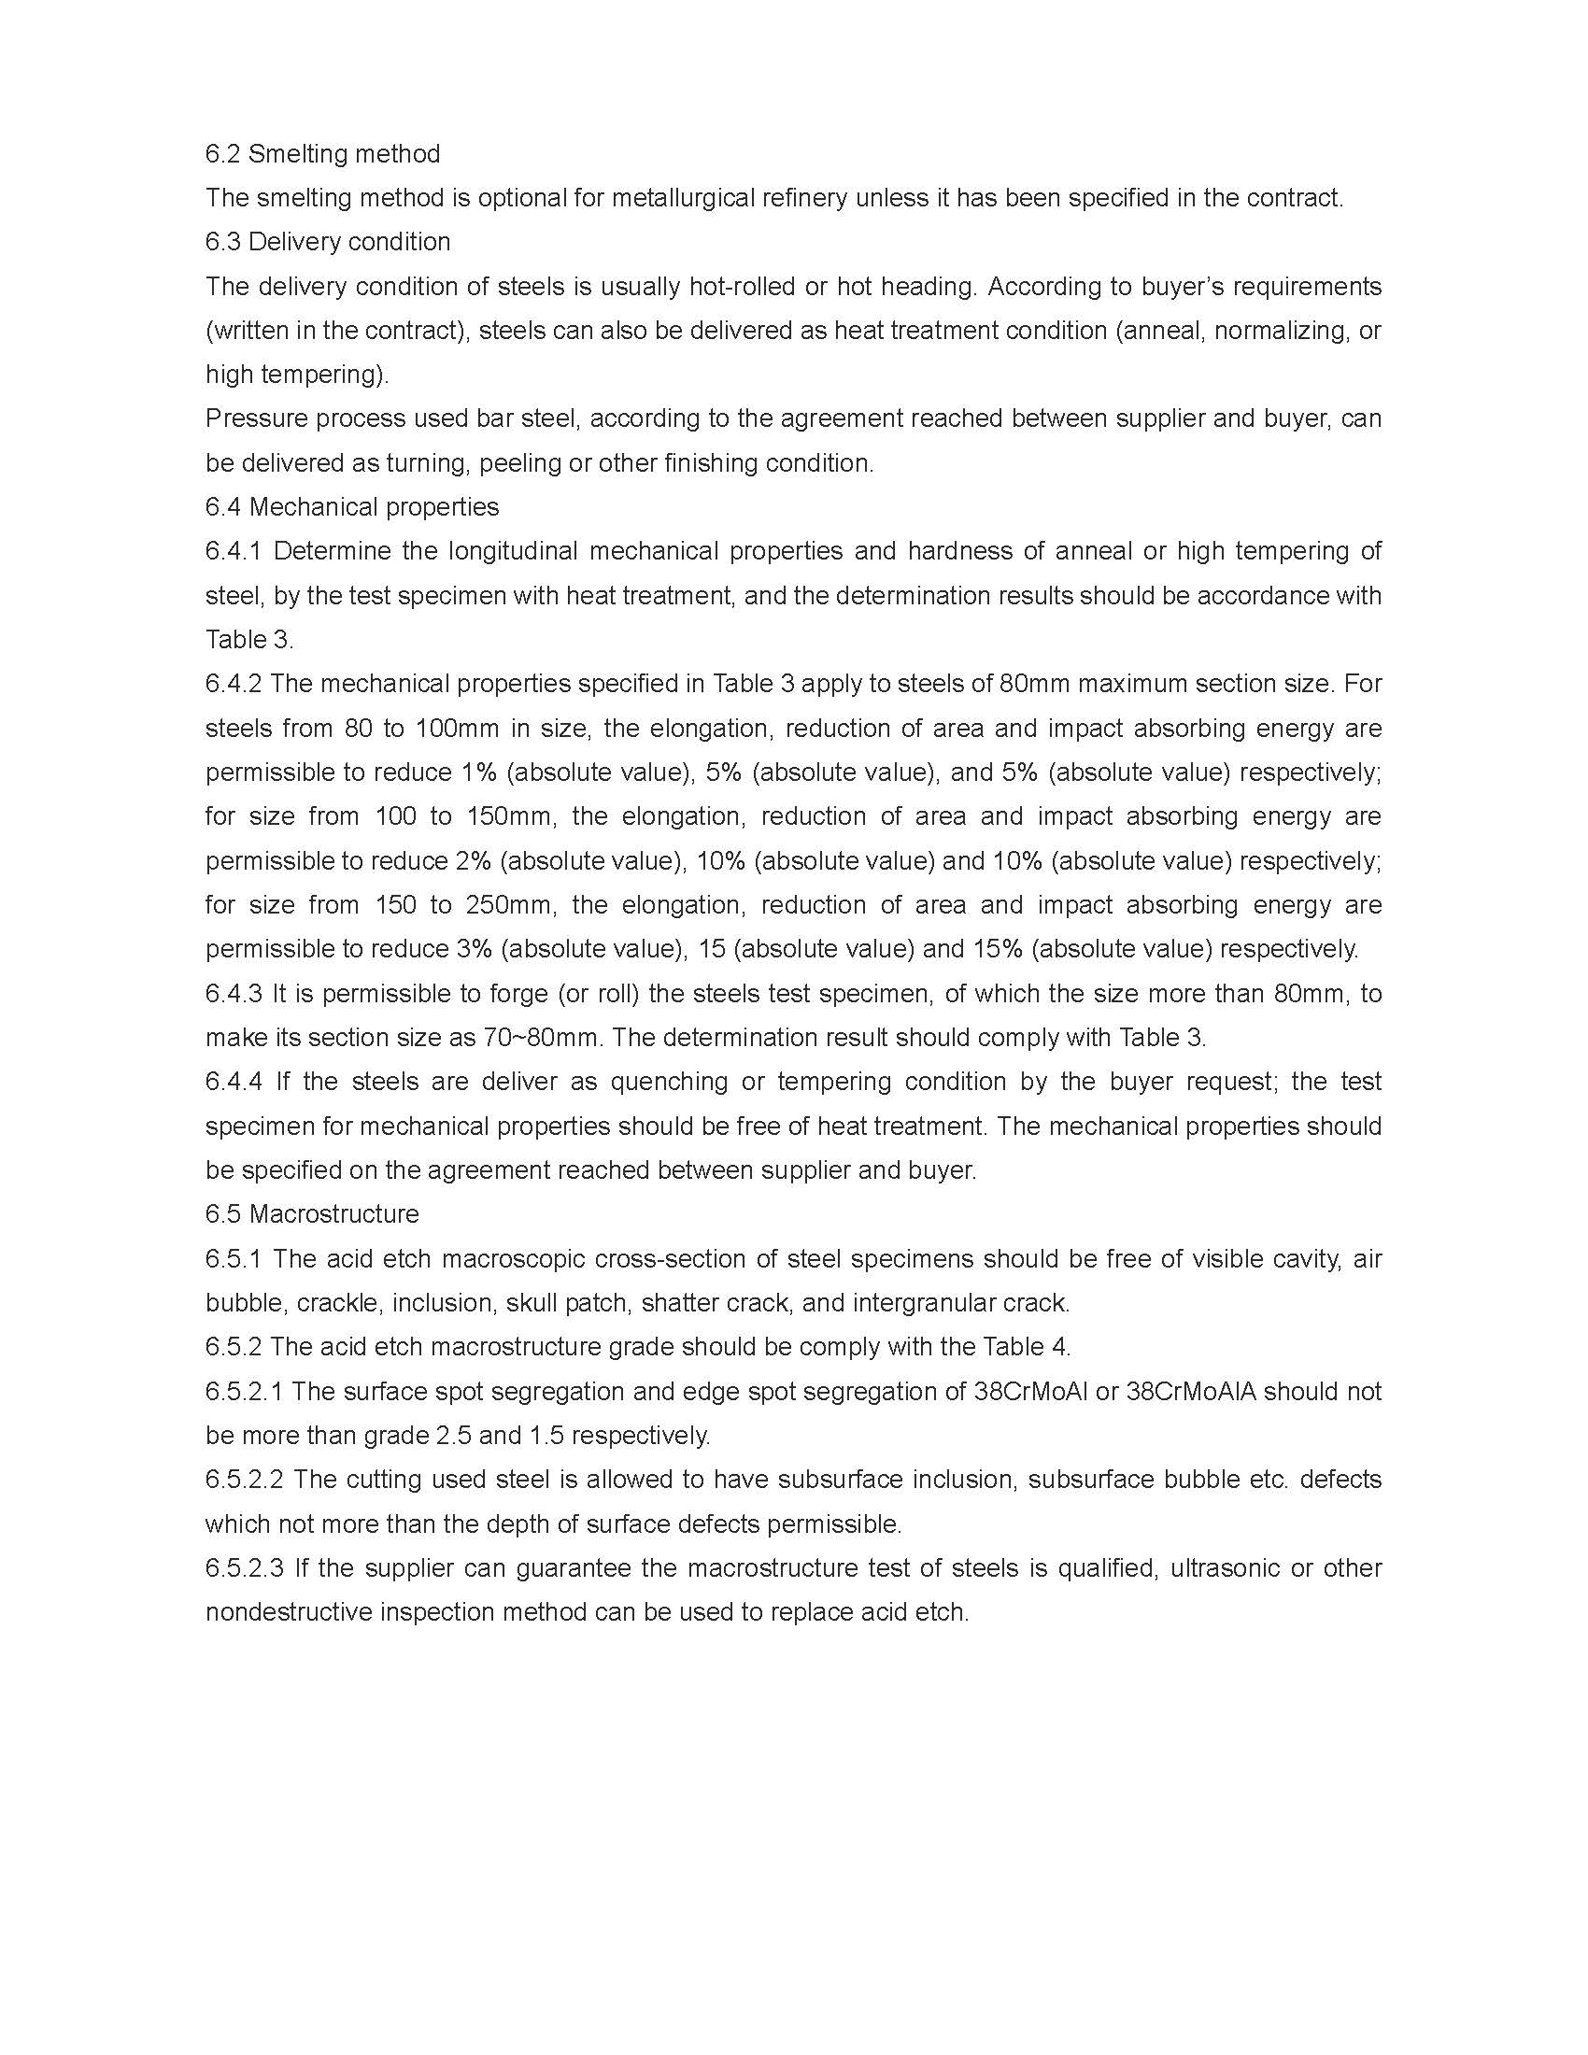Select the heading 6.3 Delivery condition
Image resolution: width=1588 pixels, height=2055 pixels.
327,242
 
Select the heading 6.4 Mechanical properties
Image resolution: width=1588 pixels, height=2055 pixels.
352,507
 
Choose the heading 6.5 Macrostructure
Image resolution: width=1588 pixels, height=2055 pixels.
312,1214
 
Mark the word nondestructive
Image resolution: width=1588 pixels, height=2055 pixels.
289,1613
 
